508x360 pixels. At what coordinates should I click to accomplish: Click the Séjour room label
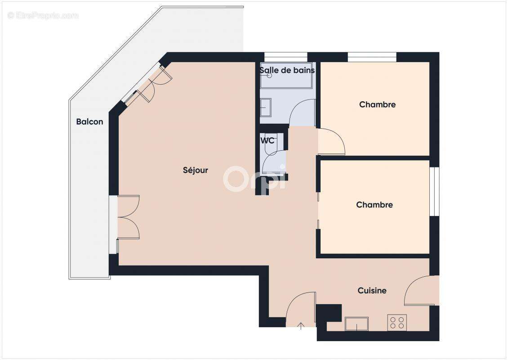(x=196, y=170)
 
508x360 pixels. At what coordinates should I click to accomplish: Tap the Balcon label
(x=89, y=121)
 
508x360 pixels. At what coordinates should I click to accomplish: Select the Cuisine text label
(x=372, y=291)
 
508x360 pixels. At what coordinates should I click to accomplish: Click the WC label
(x=267, y=140)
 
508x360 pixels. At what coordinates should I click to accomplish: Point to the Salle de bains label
(x=287, y=70)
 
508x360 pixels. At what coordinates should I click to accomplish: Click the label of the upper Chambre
(x=377, y=104)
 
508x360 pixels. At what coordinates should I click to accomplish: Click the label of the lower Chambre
(x=374, y=205)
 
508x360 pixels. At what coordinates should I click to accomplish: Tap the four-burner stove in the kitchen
(x=397, y=322)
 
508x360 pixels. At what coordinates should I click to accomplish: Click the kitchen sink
(x=356, y=324)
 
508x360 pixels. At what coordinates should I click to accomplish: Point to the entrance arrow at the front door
(x=301, y=326)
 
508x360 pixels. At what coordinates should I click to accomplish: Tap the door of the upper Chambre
(x=331, y=141)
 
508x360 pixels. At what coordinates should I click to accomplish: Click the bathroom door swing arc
(x=302, y=112)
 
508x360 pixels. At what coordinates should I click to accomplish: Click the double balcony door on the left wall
(x=128, y=217)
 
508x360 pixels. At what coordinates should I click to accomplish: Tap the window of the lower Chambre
(x=434, y=191)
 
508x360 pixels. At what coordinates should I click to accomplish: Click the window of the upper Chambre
(x=372, y=57)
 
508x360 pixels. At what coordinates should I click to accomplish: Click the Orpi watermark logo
(x=254, y=179)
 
